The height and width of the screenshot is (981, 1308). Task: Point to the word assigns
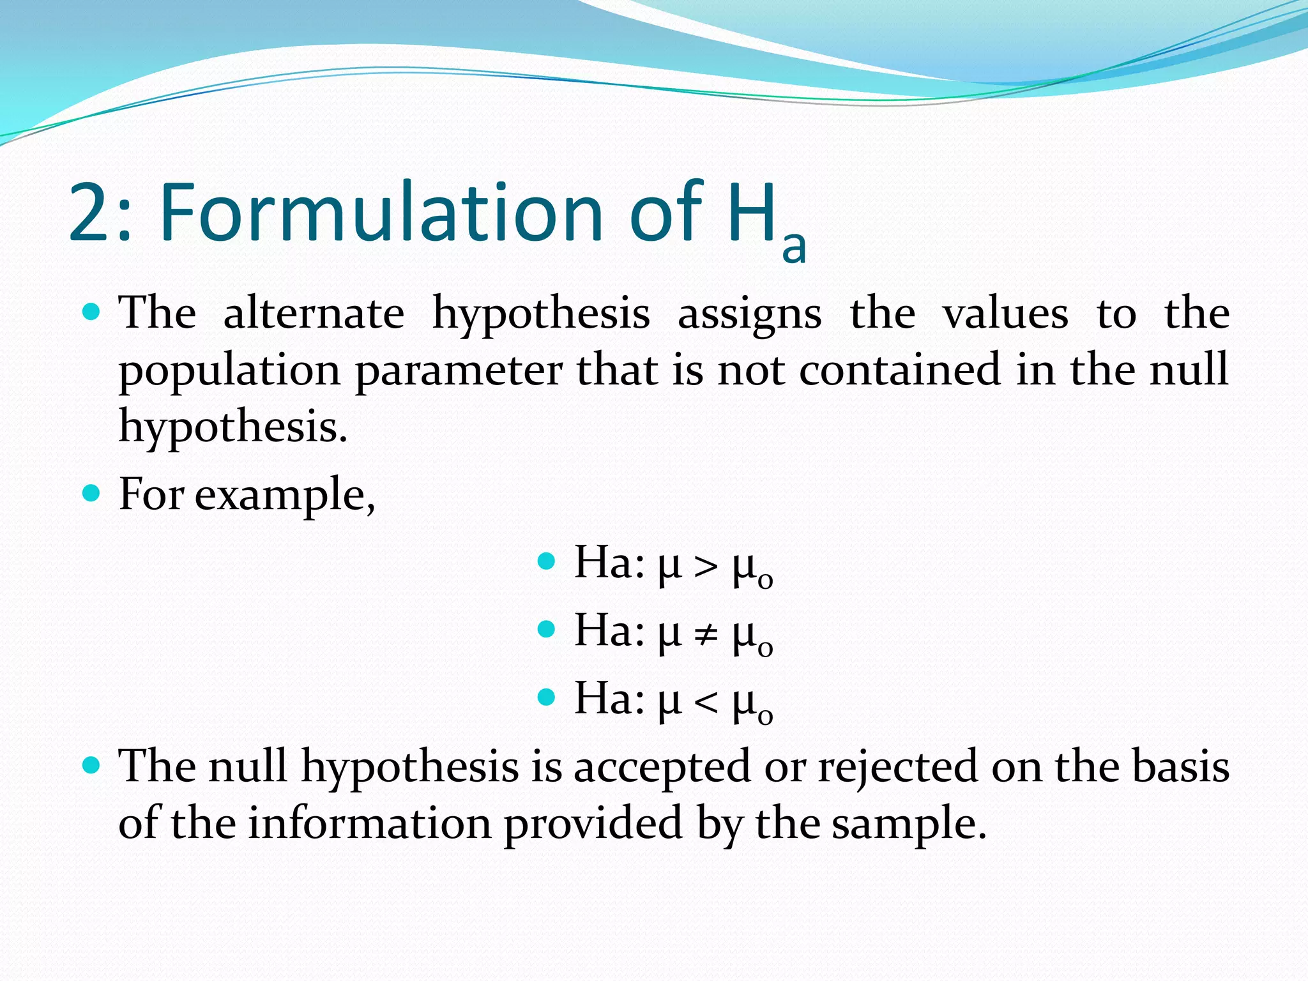pos(749,314)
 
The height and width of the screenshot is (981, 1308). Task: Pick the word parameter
pos(459,370)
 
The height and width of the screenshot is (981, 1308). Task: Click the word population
pos(229,370)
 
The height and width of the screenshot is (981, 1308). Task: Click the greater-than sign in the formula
pos(706,566)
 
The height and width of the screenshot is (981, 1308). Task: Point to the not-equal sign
pos(706,634)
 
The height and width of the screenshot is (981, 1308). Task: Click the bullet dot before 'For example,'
pos(92,493)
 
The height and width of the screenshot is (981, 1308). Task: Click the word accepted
pos(662,766)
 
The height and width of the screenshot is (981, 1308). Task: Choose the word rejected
pos(897,766)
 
